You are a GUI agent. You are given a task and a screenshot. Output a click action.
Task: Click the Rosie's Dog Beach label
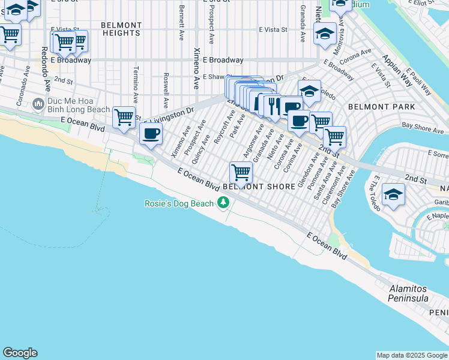click(x=179, y=203)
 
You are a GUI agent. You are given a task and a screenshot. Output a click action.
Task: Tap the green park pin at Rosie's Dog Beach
click(x=223, y=203)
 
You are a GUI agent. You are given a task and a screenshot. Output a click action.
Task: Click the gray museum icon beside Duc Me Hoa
click(x=39, y=105)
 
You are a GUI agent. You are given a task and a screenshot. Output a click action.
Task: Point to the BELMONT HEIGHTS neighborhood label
click(x=121, y=29)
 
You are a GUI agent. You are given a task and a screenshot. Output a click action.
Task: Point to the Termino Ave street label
click(x=137, y=82)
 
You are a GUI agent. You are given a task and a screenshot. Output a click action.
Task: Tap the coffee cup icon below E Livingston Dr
click(x=151, y=133)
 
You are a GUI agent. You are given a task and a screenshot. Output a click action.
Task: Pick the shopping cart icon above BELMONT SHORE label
click(x=241, y=173)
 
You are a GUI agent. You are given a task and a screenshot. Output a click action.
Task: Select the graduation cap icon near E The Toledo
click(x=393, y=195)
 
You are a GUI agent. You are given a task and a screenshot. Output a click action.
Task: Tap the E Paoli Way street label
click(x=418, y=84)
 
